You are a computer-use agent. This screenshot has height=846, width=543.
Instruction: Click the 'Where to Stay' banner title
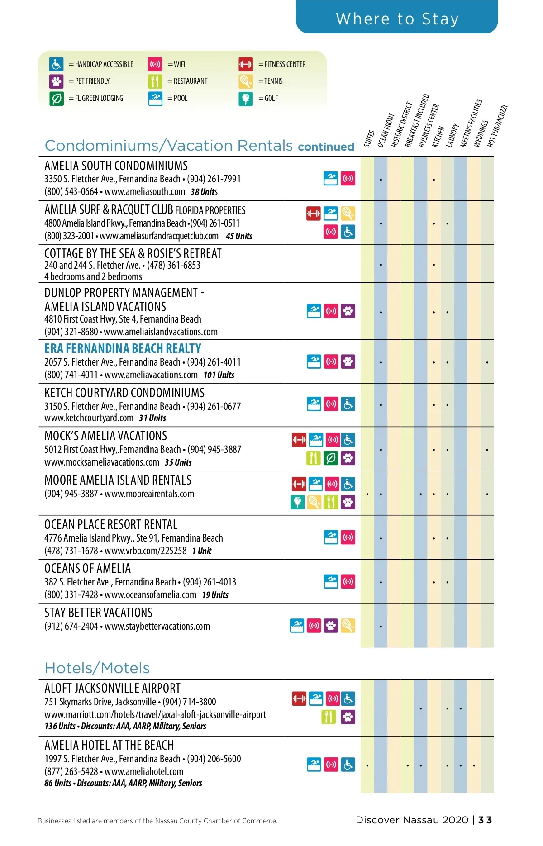point(397,19)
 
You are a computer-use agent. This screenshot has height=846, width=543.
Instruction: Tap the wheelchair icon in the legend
point(57,64)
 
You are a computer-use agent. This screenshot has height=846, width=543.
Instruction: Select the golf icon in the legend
point(246,98)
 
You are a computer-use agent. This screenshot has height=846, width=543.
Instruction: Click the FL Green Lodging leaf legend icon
point(57,98)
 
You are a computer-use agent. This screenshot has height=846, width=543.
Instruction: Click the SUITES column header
point(369,138)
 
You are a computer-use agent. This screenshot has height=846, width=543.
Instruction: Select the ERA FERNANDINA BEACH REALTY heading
point(123,348)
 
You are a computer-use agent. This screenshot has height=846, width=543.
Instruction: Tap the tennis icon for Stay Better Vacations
point(348,625)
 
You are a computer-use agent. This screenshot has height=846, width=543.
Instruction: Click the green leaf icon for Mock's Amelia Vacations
point(331,458)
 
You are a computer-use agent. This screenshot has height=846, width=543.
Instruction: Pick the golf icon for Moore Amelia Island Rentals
point(297,502)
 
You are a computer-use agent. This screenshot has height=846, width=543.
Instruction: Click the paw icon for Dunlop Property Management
point(348,311)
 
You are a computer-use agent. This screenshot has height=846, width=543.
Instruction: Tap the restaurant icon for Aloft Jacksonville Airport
point(329,717)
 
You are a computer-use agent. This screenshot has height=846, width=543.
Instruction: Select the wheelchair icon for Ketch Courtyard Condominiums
point(348,404)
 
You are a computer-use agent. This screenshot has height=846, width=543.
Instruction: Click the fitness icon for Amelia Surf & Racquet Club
point(313,213)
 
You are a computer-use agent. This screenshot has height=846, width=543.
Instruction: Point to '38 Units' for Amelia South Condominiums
point(204,192)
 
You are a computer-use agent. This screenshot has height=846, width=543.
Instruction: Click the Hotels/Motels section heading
point(97,668)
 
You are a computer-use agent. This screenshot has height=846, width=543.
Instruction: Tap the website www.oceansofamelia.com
point(150,594)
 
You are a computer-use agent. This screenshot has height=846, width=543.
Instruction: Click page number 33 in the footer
point(485,820)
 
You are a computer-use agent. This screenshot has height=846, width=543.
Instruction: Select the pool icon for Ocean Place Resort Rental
point(331,537)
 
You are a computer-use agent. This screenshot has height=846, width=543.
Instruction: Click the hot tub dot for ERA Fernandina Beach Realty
point(487,362)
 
